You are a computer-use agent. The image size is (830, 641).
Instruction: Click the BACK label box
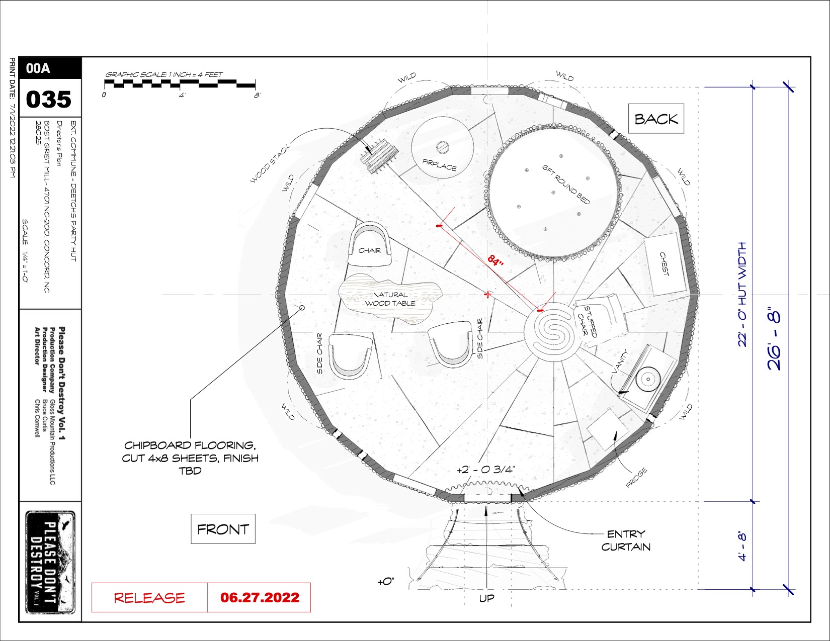[656, 118]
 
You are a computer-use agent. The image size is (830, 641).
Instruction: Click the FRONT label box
[223, 529]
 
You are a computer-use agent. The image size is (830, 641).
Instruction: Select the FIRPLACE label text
[439, 164]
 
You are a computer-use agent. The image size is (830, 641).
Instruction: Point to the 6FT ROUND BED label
[566, 184]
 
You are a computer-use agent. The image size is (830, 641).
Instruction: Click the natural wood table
[390, 299]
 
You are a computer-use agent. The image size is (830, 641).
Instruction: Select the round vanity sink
[648, 379]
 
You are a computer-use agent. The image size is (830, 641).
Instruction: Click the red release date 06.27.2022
[260, 597]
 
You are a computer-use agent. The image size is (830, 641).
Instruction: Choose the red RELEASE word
[149, 598]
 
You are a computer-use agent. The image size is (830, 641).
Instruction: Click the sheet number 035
[49, 99]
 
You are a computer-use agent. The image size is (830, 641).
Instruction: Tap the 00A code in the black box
[38, 68]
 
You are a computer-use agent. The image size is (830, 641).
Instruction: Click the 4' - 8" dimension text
[742, 545]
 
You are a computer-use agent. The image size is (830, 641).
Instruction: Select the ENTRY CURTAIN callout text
[626, 540]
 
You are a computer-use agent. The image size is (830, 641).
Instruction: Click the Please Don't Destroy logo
[50, 562]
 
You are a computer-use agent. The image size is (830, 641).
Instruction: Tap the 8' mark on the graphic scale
[257, 95]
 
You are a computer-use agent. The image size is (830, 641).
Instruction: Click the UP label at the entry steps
[486, 598]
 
